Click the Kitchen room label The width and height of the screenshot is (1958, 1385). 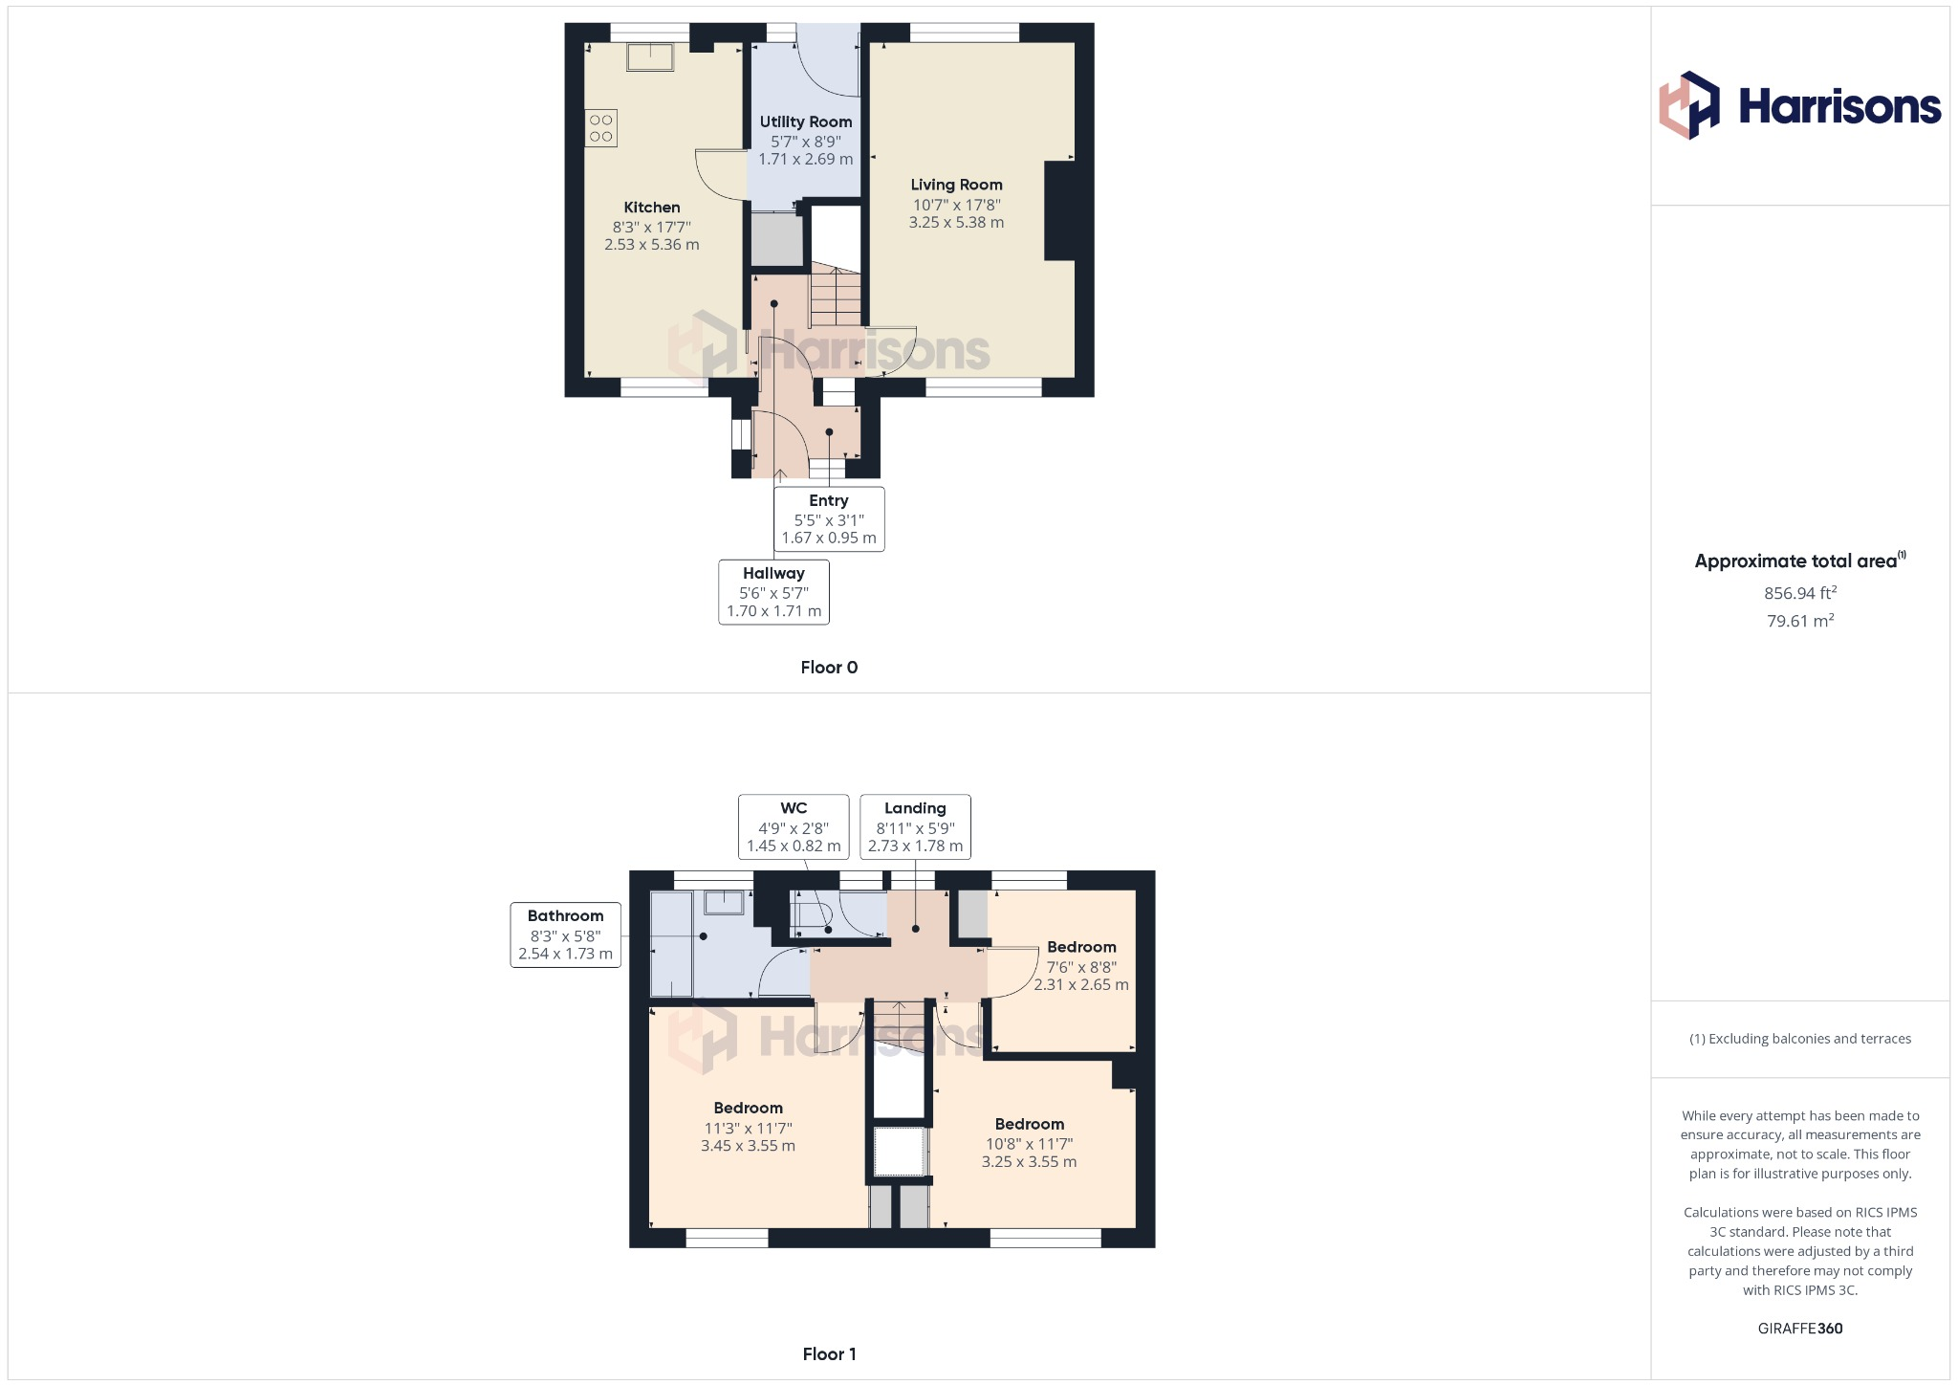652,208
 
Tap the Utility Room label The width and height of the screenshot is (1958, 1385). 806,121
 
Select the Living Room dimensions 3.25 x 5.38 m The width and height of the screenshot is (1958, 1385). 956,223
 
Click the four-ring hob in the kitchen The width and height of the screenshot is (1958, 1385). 601,128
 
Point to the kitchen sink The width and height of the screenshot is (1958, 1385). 650,57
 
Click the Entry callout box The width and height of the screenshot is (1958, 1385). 829,519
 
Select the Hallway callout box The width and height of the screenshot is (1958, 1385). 773,592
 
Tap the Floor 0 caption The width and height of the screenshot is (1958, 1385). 829,668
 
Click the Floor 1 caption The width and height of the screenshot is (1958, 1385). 829,1353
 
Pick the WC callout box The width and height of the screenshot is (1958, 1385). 794,826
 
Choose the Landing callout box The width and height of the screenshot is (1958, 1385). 915,826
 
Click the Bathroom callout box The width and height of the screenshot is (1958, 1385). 565,934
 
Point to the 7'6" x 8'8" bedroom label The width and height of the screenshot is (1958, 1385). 1081,966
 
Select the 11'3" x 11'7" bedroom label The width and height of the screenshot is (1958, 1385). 748,1127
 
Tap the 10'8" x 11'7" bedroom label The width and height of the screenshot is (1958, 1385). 1029,1143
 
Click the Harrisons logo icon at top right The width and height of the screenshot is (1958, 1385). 1689,105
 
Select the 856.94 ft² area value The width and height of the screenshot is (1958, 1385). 1799,593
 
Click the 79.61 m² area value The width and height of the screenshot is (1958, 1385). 1799,621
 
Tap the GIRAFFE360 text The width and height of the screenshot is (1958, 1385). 1799,1328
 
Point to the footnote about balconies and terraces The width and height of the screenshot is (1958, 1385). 1799,1039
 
